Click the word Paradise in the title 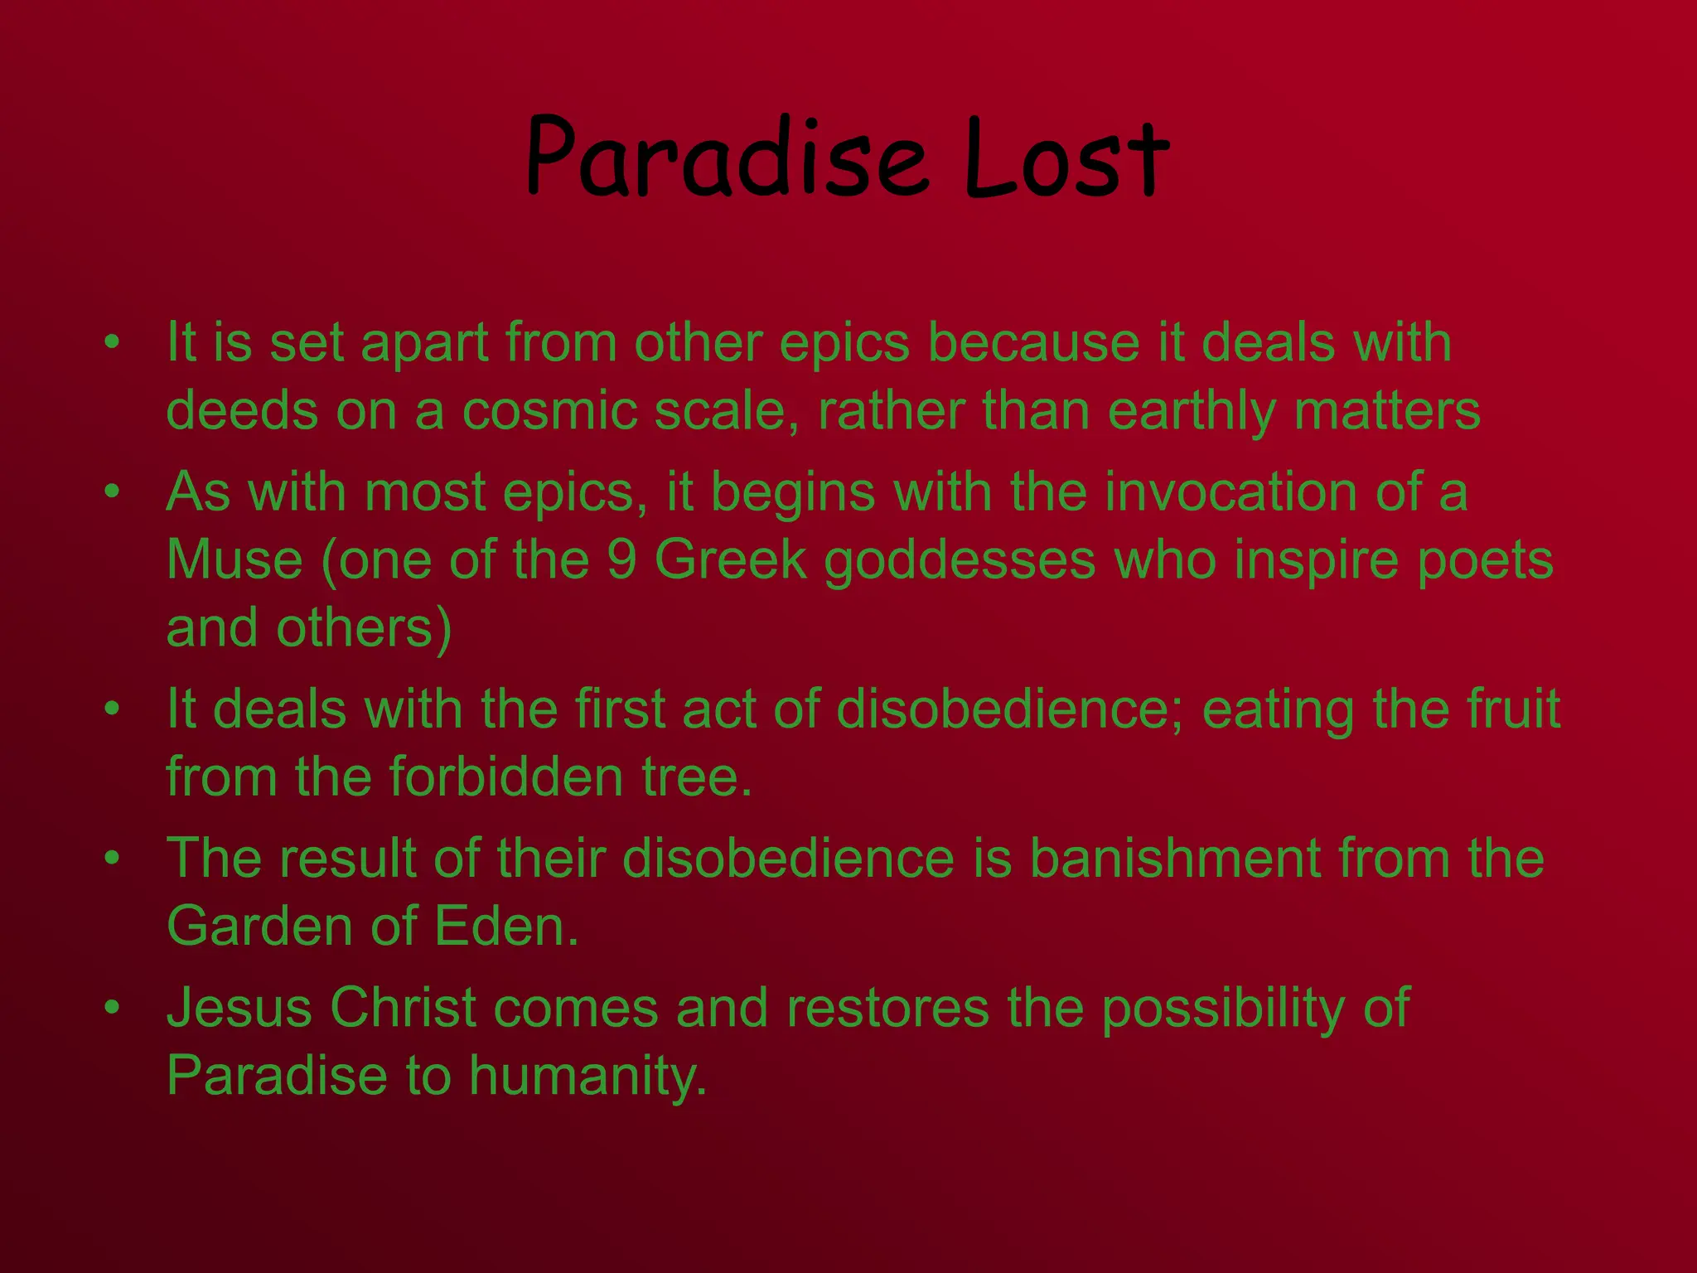(x=726, y=157)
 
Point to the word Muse (x=234, y=559)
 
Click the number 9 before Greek (x=621, y=559)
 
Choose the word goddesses (x=960, y=561)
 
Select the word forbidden (x=506, y=777)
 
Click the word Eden (x=506, y=926)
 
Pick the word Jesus (x=239, y=1008)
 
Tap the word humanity (x=588, y=1077)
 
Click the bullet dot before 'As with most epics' (x=113, y=492)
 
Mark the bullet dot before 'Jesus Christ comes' (x=113, y=1008)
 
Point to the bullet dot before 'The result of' (x=113, y=858)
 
